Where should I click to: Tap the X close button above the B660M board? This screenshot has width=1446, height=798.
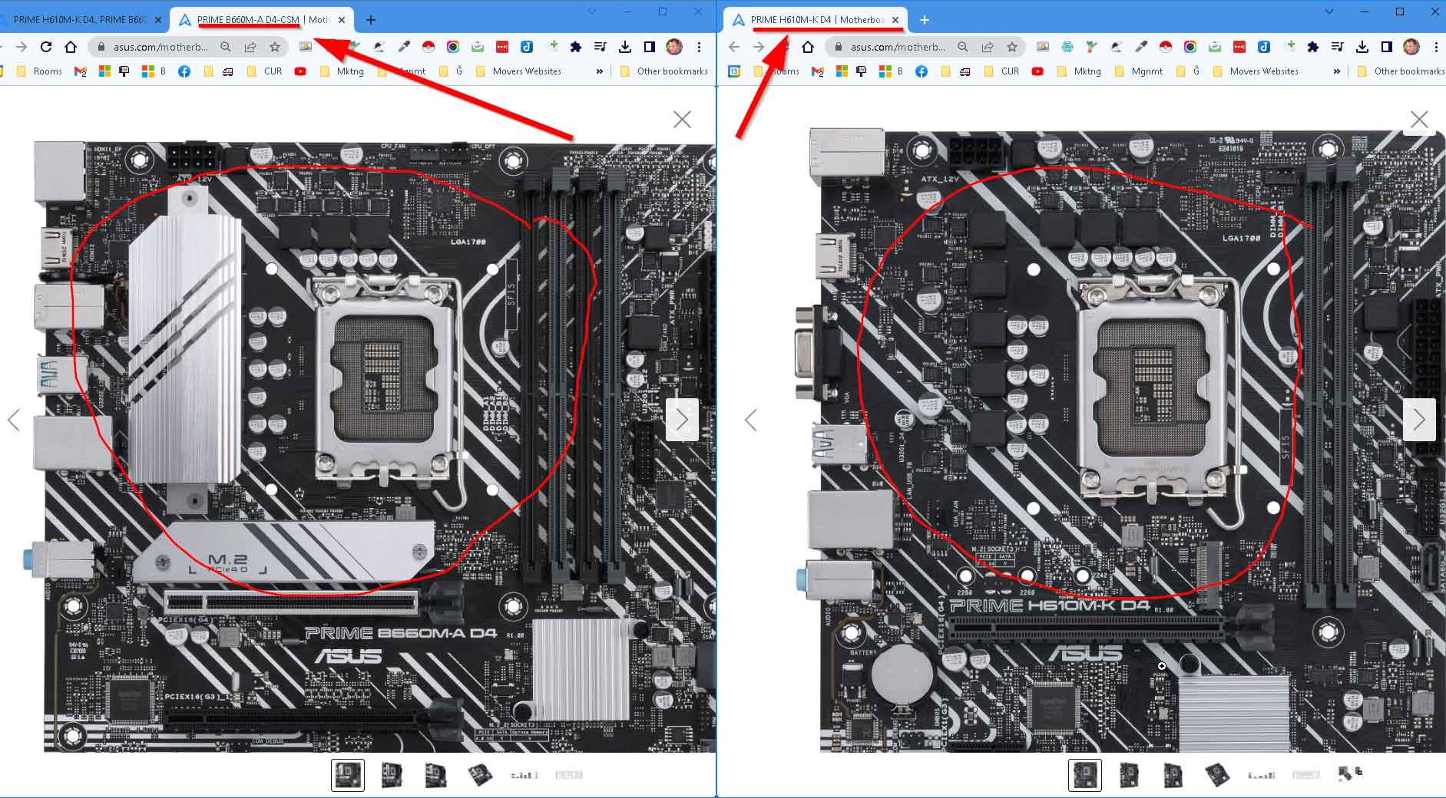coord(682,119)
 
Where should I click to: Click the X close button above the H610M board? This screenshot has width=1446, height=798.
coord(1419,120)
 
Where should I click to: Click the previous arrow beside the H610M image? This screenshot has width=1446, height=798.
coord(751,420)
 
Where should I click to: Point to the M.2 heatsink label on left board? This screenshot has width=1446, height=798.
coord(227,560)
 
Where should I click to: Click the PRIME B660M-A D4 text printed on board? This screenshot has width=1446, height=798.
coord(401,634)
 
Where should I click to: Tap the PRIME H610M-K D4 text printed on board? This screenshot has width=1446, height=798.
coord(1049,606)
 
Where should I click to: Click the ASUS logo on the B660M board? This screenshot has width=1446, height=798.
coord(348,657)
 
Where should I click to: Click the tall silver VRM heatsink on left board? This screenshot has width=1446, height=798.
coord(184,345)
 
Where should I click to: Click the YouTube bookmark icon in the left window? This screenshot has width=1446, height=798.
coord(300,71)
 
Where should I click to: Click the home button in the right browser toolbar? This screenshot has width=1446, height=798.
coord(807,47)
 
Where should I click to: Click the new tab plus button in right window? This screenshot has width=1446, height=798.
coord(925,20)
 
